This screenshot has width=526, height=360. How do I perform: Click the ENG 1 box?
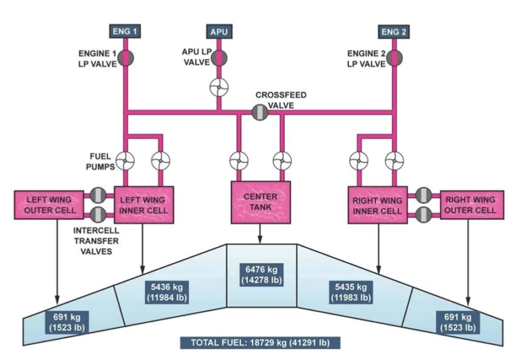[125, 31]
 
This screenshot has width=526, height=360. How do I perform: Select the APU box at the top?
[218, 31]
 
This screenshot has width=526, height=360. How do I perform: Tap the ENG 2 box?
[394, 31]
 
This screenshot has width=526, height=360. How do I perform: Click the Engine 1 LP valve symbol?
[126, 57]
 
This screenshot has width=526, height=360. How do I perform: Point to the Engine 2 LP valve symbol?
[394, 57]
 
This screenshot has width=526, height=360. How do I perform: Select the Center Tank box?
[260, 202]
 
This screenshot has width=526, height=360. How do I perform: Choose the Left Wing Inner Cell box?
[143, 205]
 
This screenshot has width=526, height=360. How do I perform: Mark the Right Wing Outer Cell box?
[471, 205]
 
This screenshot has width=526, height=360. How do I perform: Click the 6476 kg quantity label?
[260, 272]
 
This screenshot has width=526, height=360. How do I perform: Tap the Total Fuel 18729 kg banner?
[264, 343]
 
